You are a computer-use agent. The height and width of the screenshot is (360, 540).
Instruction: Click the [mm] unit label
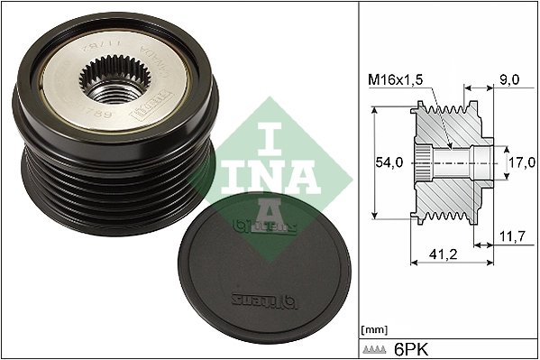[373, 328]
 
